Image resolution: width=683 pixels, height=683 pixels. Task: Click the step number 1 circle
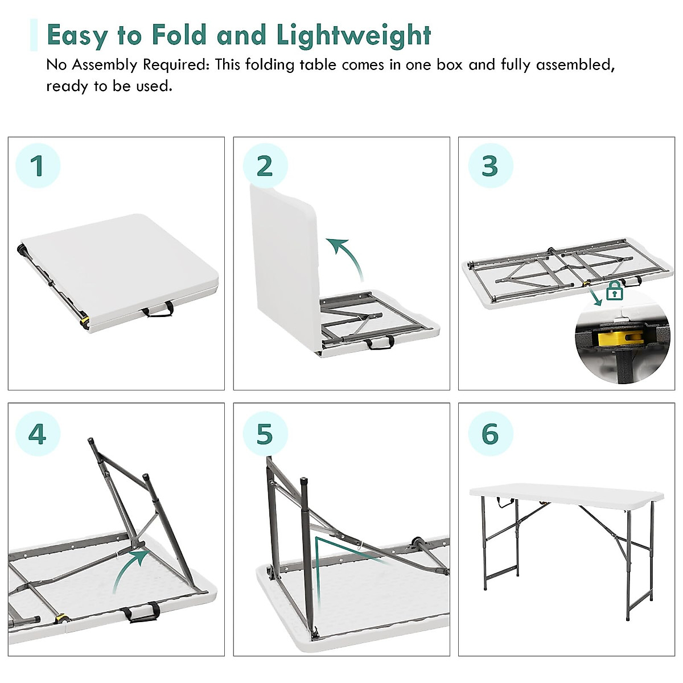[x=38, y=166]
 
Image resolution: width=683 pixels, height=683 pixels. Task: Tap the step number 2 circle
[x=265, y=166]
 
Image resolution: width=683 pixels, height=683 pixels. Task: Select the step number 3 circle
[x=490, y=166]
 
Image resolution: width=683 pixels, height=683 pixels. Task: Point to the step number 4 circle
[x=38, y=434]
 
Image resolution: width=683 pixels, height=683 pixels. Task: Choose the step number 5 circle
[x=265, y=434]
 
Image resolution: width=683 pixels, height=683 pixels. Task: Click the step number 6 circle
[x=490, y=434]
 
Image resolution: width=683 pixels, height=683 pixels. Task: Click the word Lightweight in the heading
[x=353, y=35]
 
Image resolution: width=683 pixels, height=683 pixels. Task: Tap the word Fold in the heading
[x=178, y=35]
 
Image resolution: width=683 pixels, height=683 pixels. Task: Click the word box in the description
[x=449, y=65]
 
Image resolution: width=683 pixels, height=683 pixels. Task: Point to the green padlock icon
[x=615, y=291]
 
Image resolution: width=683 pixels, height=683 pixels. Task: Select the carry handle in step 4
[x=141, y=612]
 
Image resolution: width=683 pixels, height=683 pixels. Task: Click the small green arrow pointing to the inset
[x=595, y=298]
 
